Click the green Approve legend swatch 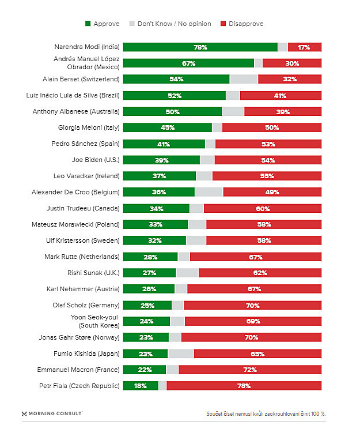88,24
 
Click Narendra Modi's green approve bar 200,47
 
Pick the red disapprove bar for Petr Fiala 244,386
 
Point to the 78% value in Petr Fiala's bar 244,386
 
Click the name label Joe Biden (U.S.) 95,160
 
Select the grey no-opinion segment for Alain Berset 244,79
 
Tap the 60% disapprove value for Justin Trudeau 263,208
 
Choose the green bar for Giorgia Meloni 167,127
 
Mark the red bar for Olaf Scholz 252,305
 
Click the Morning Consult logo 52,413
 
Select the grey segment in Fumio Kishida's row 180,353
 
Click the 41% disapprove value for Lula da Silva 281,95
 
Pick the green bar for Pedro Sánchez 164,144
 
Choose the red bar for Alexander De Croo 272,192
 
